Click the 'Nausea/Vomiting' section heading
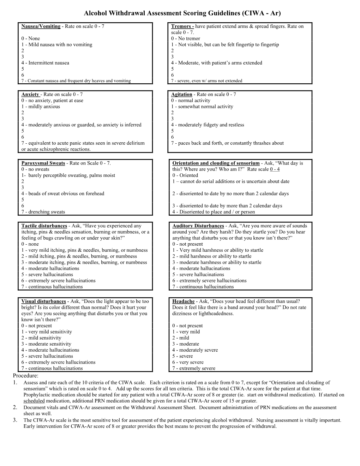tap(41, 26)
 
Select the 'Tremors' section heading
tap(182, 26)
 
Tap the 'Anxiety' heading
tap(30, 94)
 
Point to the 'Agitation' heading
tap(181, 94)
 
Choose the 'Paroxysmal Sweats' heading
tap(43, 163)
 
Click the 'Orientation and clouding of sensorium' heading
tap(216, 163)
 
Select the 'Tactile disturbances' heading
tap(44, 226)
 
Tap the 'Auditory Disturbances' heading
tap(198, 226)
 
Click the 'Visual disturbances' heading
tap(43, 301)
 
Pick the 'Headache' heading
tap(183, 301)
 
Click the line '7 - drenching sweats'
tap(43, 212)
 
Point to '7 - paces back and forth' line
tap(227, 143)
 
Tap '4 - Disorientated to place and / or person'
tap(214, 212)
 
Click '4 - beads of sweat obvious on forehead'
tap(62, 194)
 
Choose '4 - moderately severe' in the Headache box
tap(195, 350)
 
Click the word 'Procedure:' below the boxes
tap(25, 376)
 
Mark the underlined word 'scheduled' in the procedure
tap(34, 401)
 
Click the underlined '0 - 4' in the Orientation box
tap(275, 169)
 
